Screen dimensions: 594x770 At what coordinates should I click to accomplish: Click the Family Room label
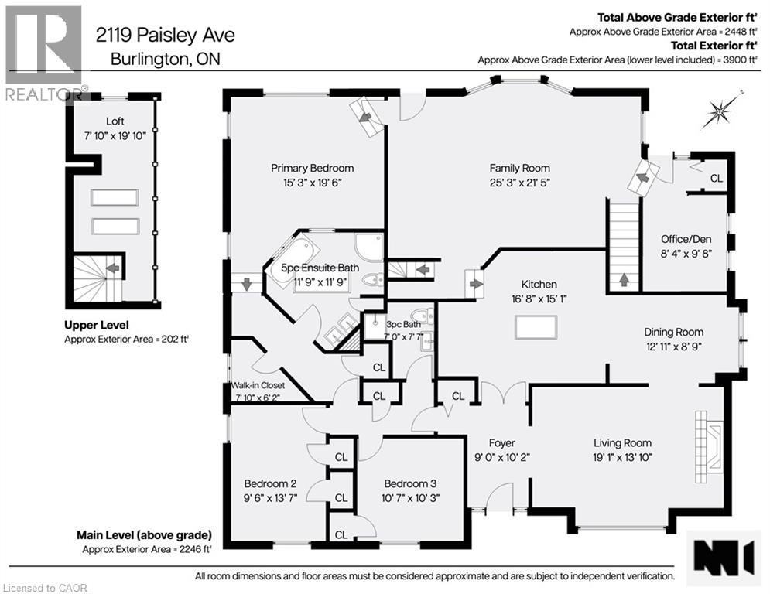[519, 168]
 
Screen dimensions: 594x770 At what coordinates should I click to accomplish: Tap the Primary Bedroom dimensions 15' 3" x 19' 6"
[312, 183]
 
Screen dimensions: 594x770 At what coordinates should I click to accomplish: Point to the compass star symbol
[720, 113]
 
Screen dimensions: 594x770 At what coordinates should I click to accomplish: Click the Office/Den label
[685, 238]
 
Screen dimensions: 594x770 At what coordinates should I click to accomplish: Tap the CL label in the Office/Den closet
[716, 179]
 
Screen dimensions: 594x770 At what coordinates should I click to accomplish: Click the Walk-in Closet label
[258, 385]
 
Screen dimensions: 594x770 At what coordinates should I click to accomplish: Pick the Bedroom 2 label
[270, 483]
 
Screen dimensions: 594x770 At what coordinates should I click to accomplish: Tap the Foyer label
[501, 443]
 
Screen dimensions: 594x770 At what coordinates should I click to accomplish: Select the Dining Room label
[673, 331]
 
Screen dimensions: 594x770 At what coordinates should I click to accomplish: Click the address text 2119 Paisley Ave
[165, 35]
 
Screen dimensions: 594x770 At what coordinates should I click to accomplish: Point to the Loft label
[115, 121]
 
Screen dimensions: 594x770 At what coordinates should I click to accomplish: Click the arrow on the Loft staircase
[112, 268]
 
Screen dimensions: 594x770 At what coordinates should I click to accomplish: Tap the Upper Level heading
[97, 325]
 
